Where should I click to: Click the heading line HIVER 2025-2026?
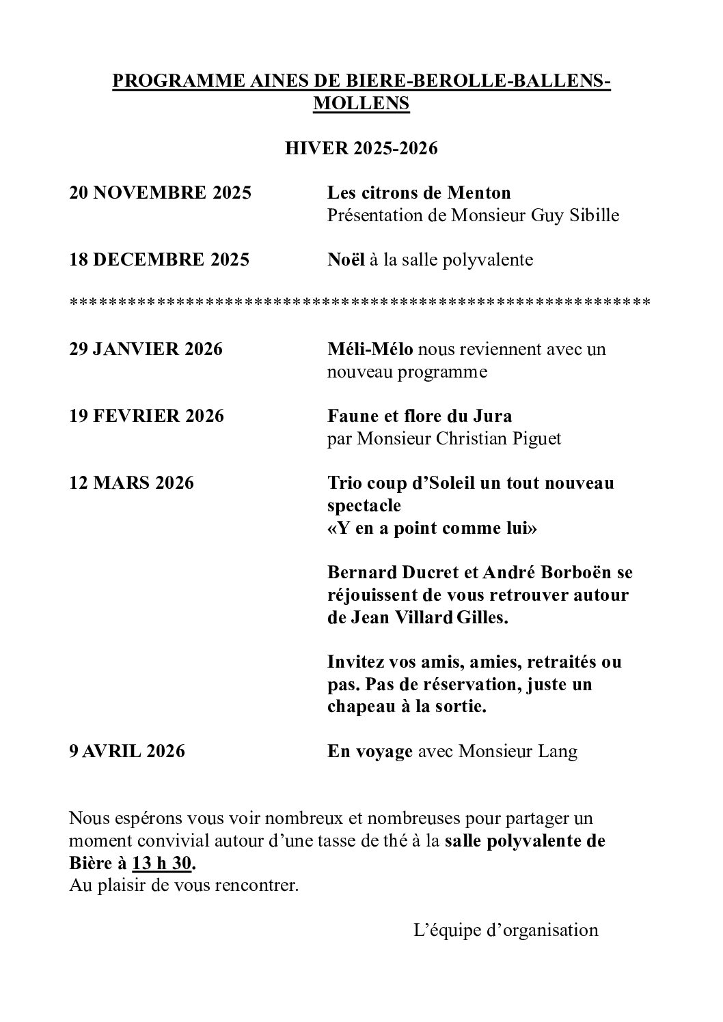(361, 149)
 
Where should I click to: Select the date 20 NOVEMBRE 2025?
(161, 193)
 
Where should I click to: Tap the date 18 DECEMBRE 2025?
(159, 260)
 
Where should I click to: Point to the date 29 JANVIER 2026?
(146, 350)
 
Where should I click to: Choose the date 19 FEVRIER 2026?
(147, 416)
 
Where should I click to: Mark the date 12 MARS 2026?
(132, 483)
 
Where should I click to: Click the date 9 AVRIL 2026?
(127, 752)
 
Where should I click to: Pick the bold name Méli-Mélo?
(370, 350)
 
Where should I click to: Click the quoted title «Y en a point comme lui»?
(432, 528)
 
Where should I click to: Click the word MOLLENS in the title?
(361, 104)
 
